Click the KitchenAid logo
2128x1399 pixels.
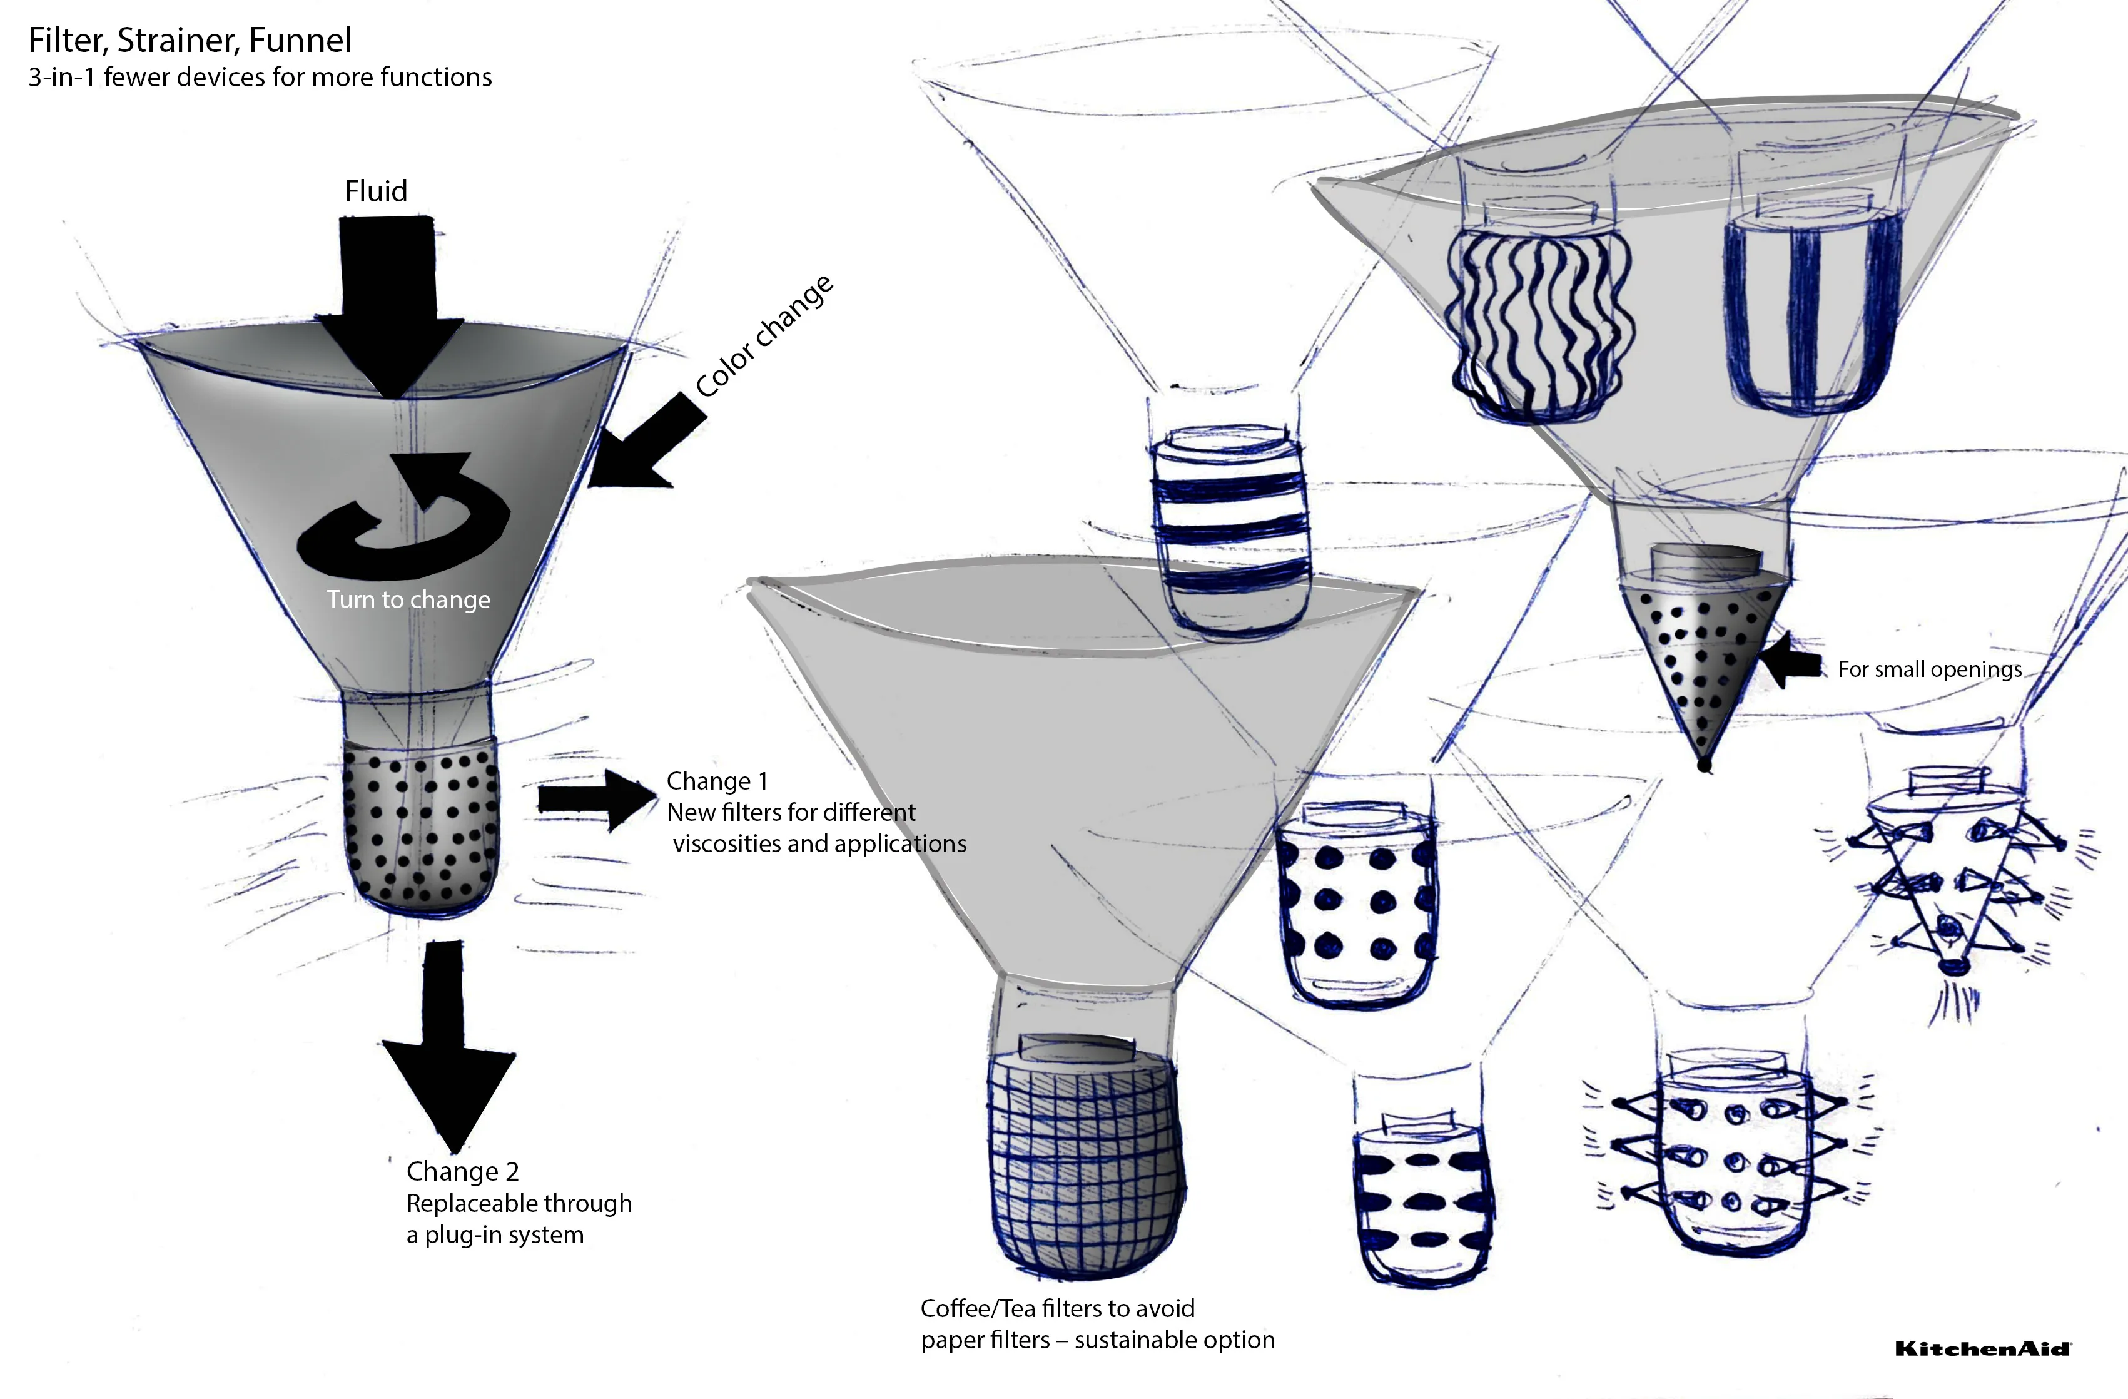pyautogui.click(x=1982, y=1348)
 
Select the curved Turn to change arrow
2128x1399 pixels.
pyautogui.click(x=404, y=519)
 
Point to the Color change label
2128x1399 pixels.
pyautogui.click(x=764, y=337)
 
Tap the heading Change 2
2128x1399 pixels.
pyautogui.click(x=462, y=1171)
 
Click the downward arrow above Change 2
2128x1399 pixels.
pyautogui.click(x=447, y=1047)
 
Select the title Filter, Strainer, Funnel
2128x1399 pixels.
pyautogui.click(x=190, y=40)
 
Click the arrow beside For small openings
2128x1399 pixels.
pyautogui.click(x=1791, y=662)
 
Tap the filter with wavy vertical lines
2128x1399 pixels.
pyautogui.click(x=1538, y=322)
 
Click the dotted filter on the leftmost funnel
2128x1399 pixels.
pyautogui.click(x=420, y=827)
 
